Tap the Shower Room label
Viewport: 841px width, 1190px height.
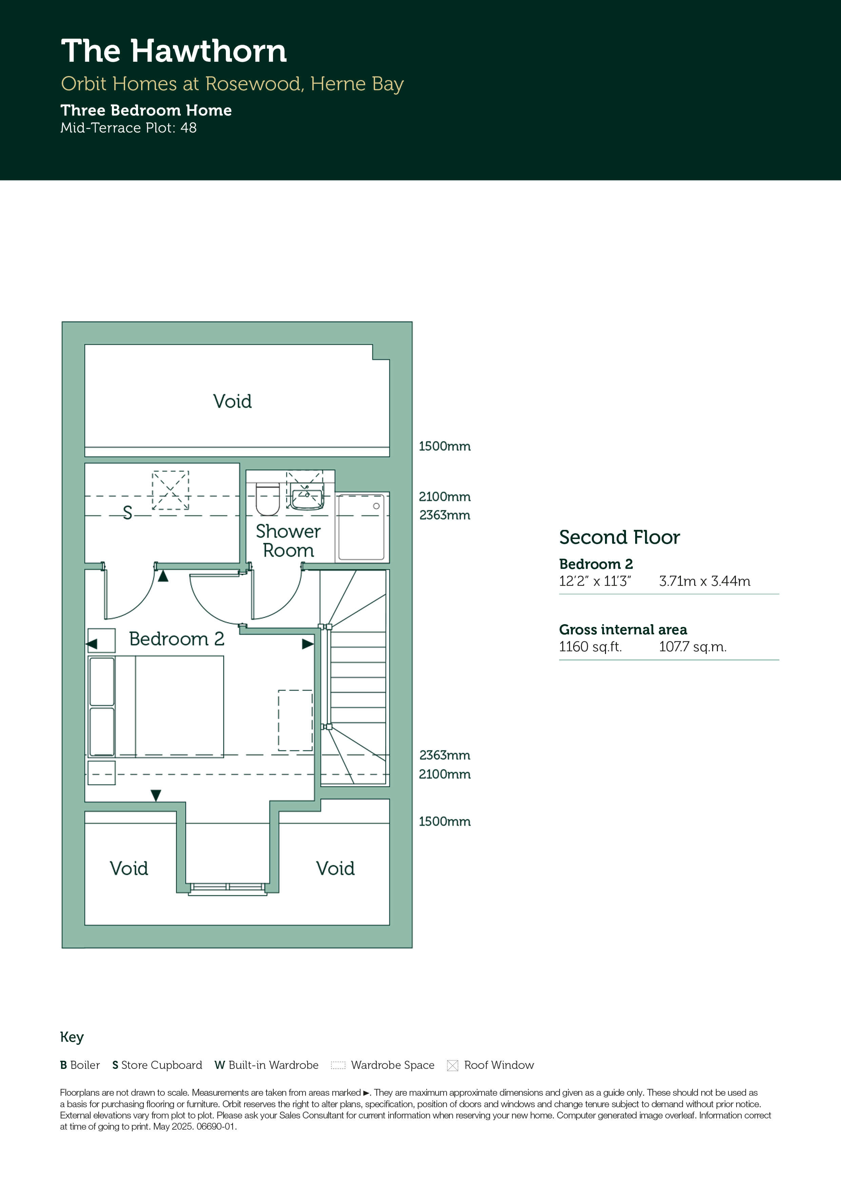click(x=288, y=541)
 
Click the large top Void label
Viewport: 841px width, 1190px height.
click(x=232, y=401)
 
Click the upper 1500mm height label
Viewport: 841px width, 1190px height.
click(x=445, y=446)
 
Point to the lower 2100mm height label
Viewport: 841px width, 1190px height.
click(x=445, y=774)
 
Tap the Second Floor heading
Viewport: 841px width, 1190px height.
click(x=619, y=537)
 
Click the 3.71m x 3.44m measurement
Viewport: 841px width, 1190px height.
click(x=705, y=581)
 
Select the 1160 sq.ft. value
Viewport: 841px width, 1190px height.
click(x=590, y=647)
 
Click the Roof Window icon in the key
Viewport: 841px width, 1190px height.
click(x=452, y=1066)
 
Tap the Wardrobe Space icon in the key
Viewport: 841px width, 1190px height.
click(x=338, y=1066)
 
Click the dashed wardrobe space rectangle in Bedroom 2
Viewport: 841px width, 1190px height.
click(x=295, y=721)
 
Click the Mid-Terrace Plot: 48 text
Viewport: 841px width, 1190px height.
click(x=129, y=128)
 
